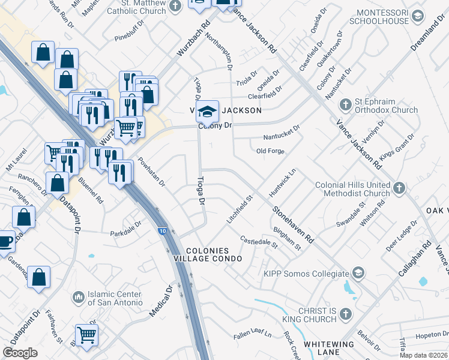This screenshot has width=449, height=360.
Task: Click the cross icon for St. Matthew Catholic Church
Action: pyautogui.click(x=175, y=7)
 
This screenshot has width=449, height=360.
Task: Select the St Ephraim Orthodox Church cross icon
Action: pyautogui.click(x=346, y=105)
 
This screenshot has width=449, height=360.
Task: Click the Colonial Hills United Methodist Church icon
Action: pyautogui.click(x=399, y=189)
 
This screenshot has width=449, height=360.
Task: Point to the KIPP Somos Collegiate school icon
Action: pyautogui.click(x=358, y=274)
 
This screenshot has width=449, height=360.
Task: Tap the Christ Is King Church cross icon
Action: pyautogui.click(x=346, y=313)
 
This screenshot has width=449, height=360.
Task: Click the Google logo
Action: pyautogui.click(x=20, y=353)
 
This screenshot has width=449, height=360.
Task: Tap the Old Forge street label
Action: pyautogui.click(x=270, y=151)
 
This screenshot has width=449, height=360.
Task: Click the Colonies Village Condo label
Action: pyautogui.click(x=214, y=254)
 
